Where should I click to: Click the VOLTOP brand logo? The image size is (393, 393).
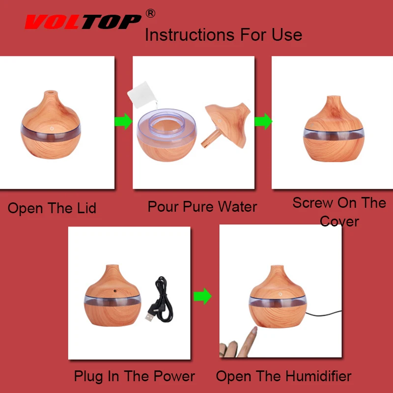pos(83,22)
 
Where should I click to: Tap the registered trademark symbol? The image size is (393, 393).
pos(150,13)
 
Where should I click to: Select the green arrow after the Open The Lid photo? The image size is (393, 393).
pos(123,121)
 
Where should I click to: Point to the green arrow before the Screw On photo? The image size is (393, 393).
pos(263,121)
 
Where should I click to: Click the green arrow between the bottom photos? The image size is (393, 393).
pos(202,296)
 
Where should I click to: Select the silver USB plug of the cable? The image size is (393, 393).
pos(149,317)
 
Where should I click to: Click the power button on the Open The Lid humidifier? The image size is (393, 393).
pos(52,128)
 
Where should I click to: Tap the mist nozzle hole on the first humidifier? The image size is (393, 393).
pos(51,92)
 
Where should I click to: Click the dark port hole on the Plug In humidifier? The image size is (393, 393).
pos(115,291)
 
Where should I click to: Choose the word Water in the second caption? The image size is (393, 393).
pos(237,207)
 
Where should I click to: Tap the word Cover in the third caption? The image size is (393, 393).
pos(339,222)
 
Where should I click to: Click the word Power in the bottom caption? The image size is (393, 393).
pos(174,376)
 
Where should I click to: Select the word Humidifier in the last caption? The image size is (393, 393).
pos(318,376)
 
